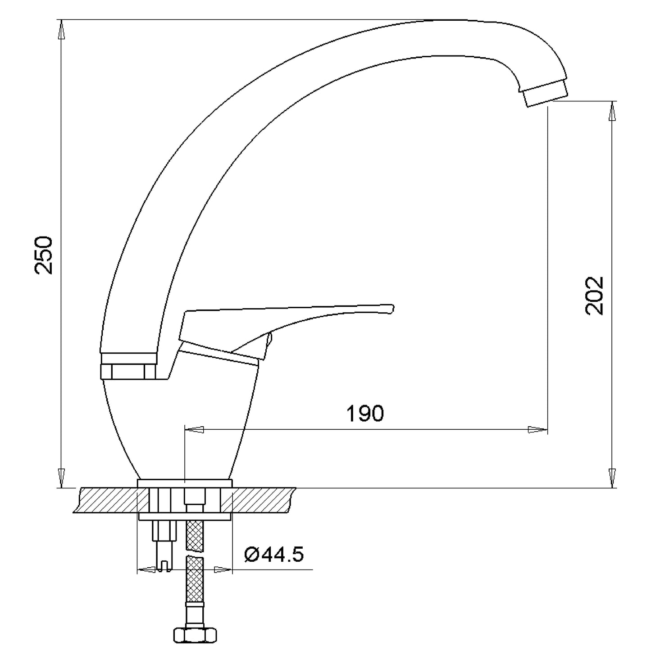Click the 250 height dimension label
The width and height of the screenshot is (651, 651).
coord(44,255)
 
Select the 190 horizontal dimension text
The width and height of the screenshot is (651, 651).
coord(365,413)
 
